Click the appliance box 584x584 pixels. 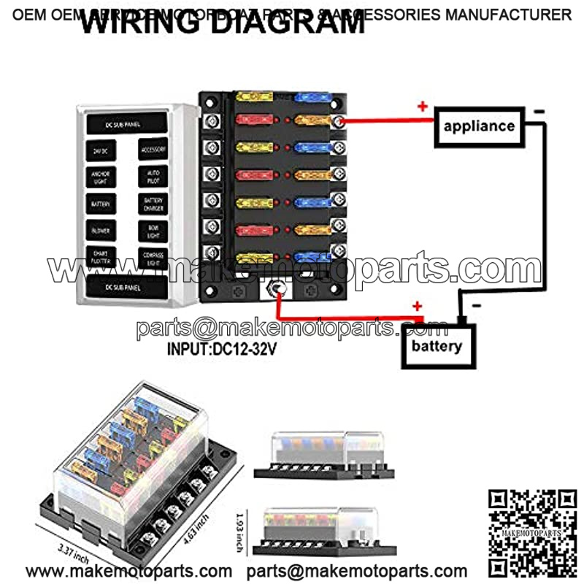pyautogui.click(x=480, y=126)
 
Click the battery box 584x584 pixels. pyautogui.click(x=437, y=345)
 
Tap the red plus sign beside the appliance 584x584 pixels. pyautogui.click(x=422, y=107)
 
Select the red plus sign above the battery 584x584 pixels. pyautogui.click(x=418, y=306)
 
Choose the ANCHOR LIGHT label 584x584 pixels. pyautogui.click(x=100, y=177)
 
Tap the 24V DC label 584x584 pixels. pyautogui.click(x=100, y=150)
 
